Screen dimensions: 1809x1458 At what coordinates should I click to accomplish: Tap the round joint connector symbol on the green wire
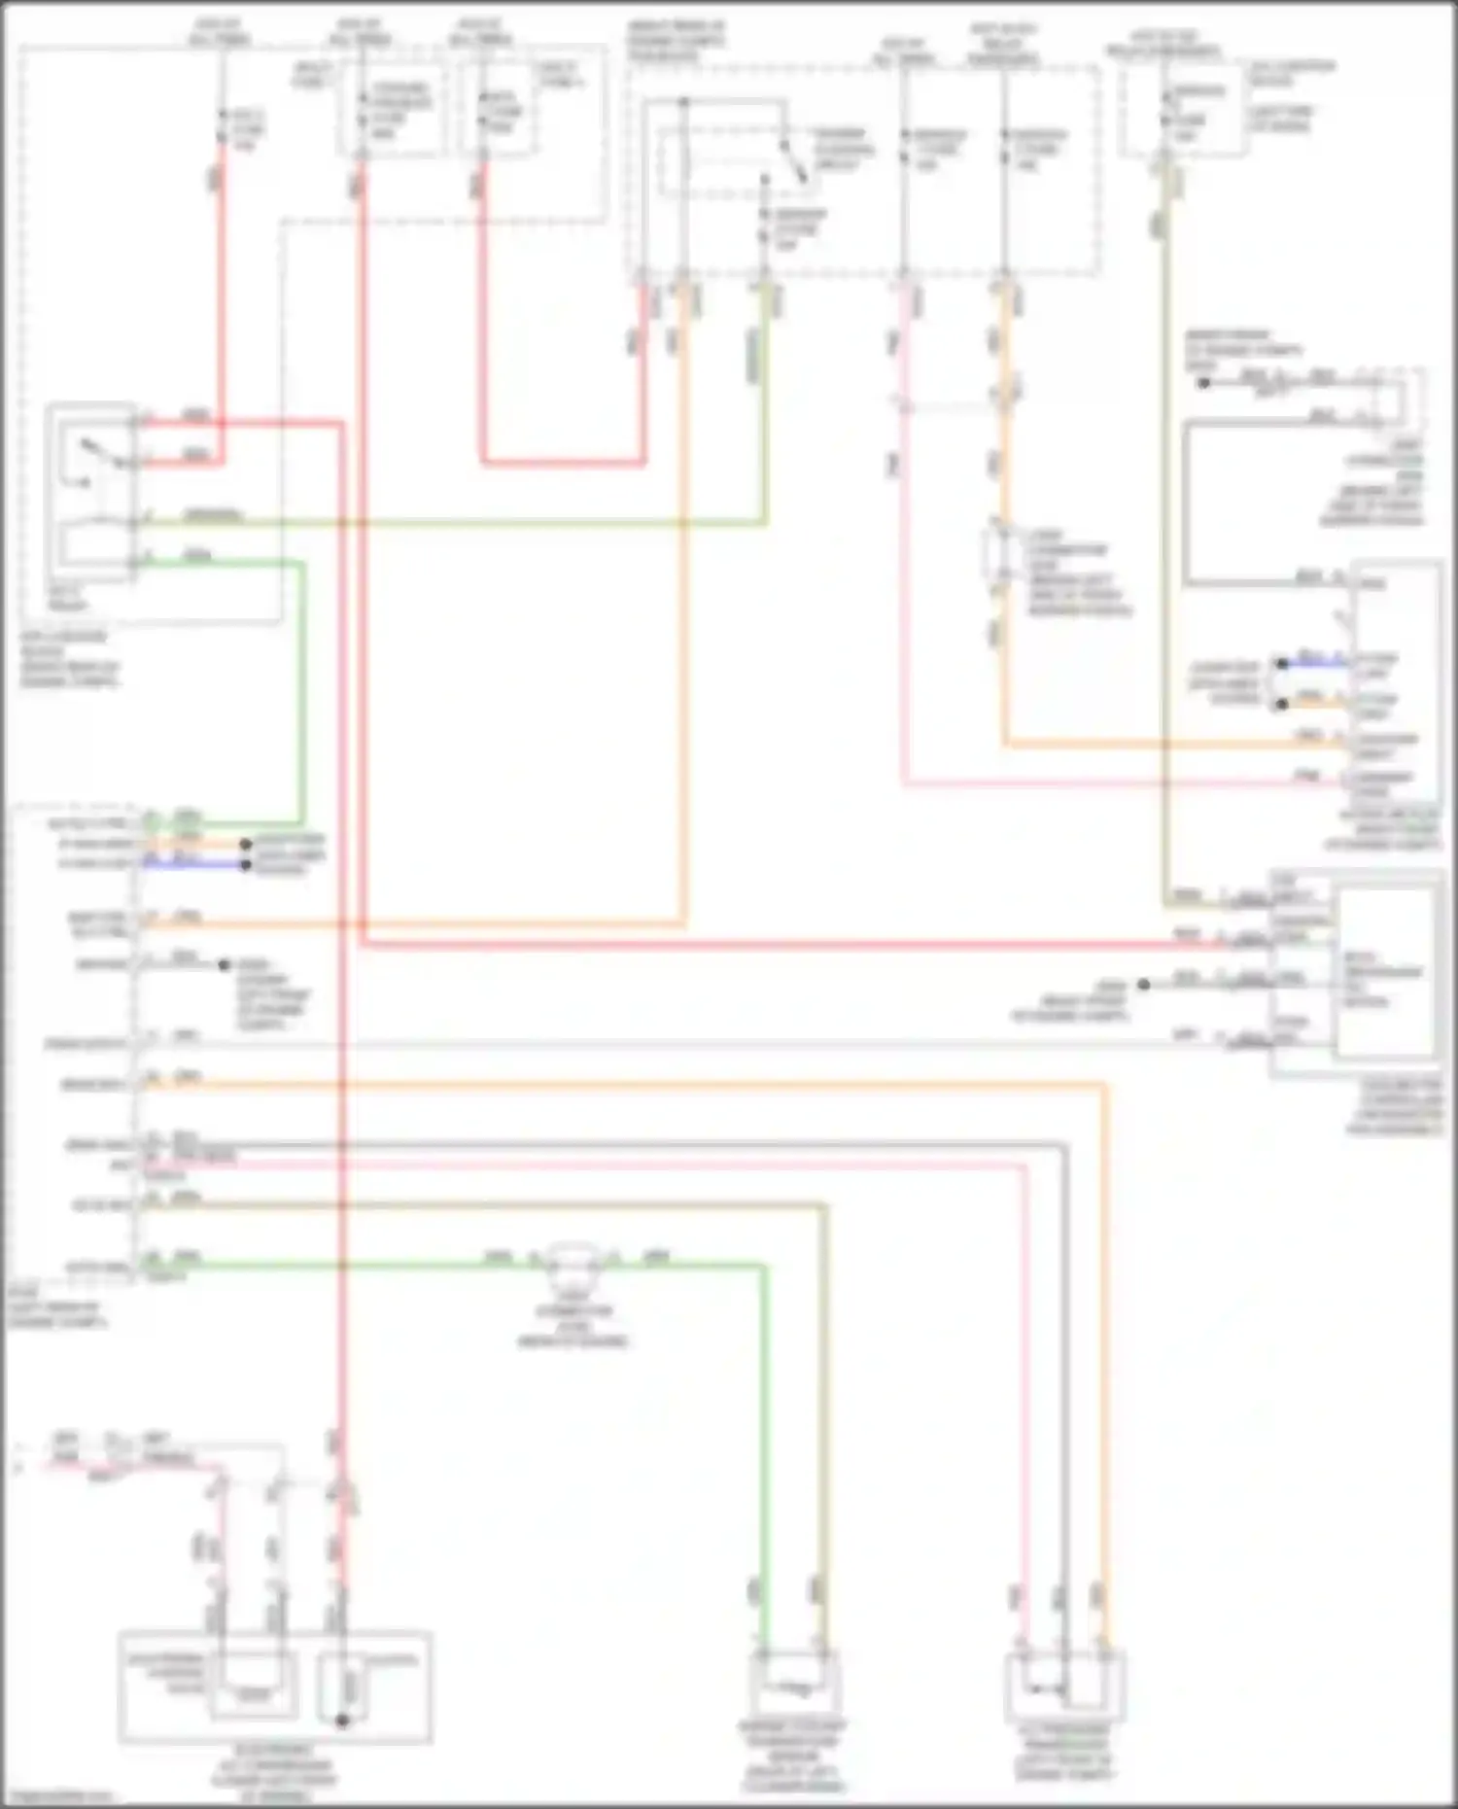pos(573,1262)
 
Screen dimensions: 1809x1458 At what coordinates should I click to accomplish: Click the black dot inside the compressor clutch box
pos(342,1720)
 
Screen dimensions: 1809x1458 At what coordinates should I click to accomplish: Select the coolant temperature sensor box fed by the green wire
pos(793,1687)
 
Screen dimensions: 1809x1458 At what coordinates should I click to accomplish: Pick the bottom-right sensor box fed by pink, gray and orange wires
pos(1064,1687)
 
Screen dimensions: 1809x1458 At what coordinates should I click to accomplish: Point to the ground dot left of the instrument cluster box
pos(1144,985)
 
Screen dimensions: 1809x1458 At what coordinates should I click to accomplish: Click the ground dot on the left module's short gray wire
pos(225,965)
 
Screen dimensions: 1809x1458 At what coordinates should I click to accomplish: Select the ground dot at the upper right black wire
pos(1203,383)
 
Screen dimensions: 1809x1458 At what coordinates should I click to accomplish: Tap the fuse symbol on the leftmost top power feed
pos(222,127)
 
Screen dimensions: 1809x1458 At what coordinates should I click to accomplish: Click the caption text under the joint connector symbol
pos(573,1326)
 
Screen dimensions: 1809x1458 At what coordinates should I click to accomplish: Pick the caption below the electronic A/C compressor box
pos(274,1775)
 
